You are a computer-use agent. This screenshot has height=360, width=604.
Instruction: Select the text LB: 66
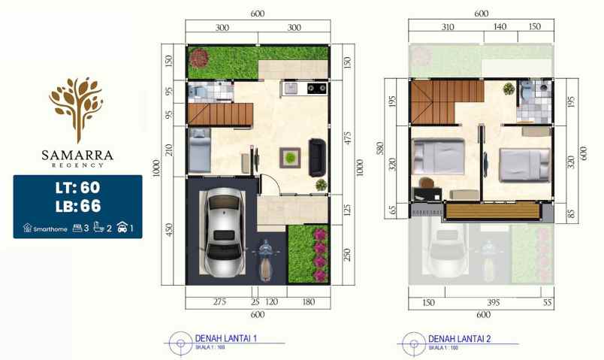coord(77,206)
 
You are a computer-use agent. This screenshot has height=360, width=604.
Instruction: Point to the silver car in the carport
coord(223,231)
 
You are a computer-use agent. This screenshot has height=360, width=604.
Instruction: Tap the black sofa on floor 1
coord(318,157)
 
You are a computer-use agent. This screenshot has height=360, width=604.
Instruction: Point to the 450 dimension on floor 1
coord(170,229)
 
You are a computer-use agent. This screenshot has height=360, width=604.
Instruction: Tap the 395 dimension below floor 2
coord(494,302)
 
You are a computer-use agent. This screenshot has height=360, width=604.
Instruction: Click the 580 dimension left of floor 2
coord(382,149)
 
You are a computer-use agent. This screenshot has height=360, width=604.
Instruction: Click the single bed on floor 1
coord(199,150)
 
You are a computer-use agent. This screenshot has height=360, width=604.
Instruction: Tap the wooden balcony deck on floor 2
coord(493,211)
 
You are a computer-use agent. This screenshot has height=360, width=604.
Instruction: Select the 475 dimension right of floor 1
coord(348,139)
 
